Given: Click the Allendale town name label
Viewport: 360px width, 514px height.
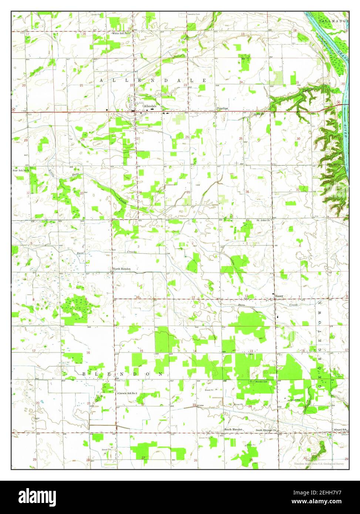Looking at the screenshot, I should [x=150, y=106].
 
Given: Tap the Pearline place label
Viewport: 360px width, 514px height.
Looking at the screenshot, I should [x=222, y=108].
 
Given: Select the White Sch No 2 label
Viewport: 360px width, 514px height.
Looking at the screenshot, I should [x=121, y=33].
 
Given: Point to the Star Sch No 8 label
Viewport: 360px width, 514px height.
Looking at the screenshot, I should [x=21, y=171].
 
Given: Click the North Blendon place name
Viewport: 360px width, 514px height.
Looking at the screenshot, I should [x=121, y=269].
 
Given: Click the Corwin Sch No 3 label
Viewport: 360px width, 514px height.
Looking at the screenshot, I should [x=128, y=393].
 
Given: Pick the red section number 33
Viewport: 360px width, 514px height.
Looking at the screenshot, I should [x=81, y=193].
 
